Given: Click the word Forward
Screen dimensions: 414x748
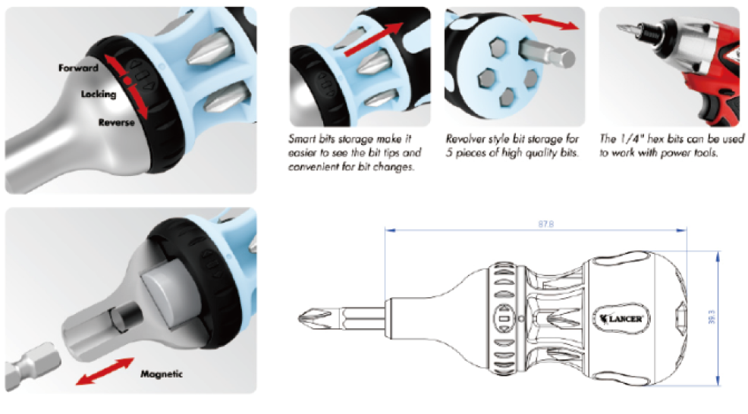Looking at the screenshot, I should [x=78, y=68].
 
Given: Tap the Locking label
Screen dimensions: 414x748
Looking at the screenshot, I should [x=99, y=94].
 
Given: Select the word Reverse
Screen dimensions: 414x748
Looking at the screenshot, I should [x=116, y=122].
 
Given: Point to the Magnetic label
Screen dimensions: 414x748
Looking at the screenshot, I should [x=162, y=374].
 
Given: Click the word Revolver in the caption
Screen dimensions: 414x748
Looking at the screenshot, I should [x=465, y=140].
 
